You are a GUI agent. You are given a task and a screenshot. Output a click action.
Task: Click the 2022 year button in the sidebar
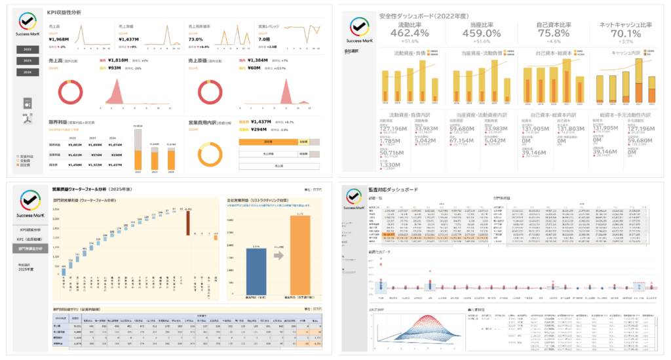[27, 50]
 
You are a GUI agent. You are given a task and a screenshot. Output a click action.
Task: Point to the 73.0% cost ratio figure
[196, 39]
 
